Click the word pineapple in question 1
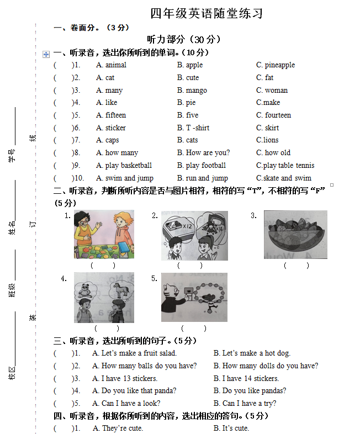(279, 65)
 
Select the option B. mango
(192, 91)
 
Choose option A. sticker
(111, 128)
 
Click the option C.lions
(267, 140)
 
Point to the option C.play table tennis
(285, 166)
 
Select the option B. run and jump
(202, 178)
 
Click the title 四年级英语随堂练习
(207, 14)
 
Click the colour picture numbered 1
(104, 234)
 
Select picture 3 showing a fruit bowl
(295, 234)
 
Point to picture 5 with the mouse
(194, 297)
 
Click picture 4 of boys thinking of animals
(104, 297)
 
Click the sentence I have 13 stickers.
(129, 379)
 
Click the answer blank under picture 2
(190, 266)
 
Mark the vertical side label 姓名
(12, 228)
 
